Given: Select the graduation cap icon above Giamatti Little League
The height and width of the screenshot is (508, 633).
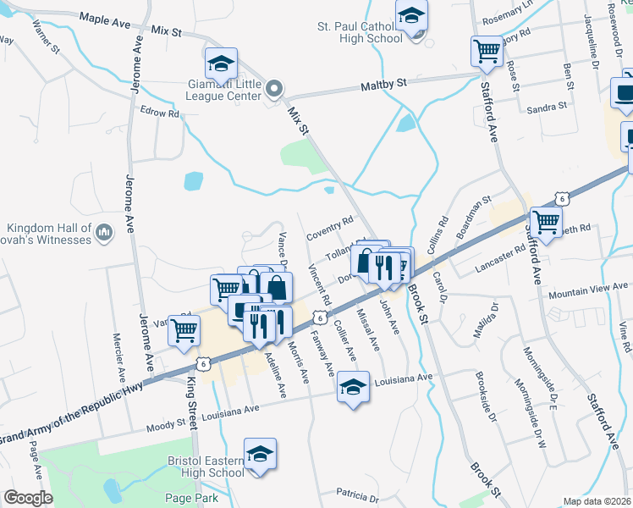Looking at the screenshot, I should coord(221,64).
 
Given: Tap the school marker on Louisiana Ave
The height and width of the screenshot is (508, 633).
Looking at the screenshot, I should coord(352,389).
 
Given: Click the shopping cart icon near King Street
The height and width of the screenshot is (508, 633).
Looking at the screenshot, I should coord(184,331).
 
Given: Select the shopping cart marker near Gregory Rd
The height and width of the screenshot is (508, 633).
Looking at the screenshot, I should coord(487,52).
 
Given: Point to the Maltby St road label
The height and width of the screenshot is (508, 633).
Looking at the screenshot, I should coord(384,83).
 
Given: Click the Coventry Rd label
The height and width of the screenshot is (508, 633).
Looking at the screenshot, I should coord(329,226).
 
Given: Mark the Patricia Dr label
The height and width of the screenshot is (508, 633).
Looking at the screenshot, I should coord(355,492).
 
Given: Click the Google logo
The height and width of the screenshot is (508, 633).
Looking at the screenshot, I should coord(28,498).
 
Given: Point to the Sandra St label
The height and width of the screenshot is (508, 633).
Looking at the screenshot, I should coord(546,108).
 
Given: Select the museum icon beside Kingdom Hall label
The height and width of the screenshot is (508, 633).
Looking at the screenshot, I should coord(104,231).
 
